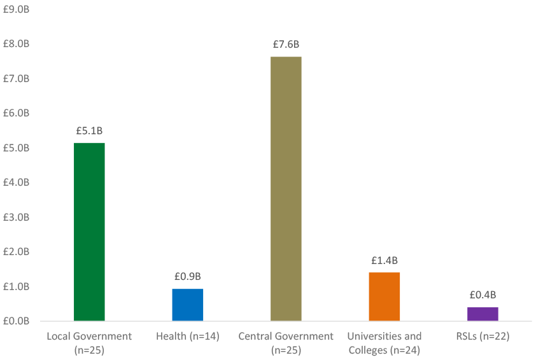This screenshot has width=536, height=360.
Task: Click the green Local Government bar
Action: click(89, 232)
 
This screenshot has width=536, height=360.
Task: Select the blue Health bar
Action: click(187, 305)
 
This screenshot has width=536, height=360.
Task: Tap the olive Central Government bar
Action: click(286, 189)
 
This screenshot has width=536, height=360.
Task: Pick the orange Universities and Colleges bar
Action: click(384, 296)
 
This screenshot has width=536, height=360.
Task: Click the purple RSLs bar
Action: click(483, 314)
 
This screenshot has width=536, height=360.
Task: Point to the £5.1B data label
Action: click(89, 131)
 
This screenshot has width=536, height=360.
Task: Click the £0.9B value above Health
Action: click(187, 277)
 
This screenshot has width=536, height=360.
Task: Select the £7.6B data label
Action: click(286, 45)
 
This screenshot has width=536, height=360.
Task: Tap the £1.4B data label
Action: click(384, 260)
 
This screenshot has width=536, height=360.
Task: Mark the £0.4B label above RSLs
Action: click(483, 294)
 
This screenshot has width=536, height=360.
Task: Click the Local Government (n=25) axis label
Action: click(89, 342)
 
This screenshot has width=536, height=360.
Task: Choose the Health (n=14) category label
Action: click(187, 336)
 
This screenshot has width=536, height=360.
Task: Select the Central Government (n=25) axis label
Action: click(286, 342)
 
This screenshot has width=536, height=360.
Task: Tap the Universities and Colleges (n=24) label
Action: click(384, 342)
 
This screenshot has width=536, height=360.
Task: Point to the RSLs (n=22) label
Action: click(483, 336)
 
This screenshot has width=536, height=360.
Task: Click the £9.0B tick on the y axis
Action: click(17, 10)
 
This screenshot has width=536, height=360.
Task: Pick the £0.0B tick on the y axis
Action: click(17, 321)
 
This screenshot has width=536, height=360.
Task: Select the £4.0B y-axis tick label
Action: click(17, 183)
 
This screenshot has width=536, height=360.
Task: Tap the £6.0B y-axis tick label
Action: click(17, 113)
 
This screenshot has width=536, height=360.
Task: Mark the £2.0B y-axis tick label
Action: click(17, 252)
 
